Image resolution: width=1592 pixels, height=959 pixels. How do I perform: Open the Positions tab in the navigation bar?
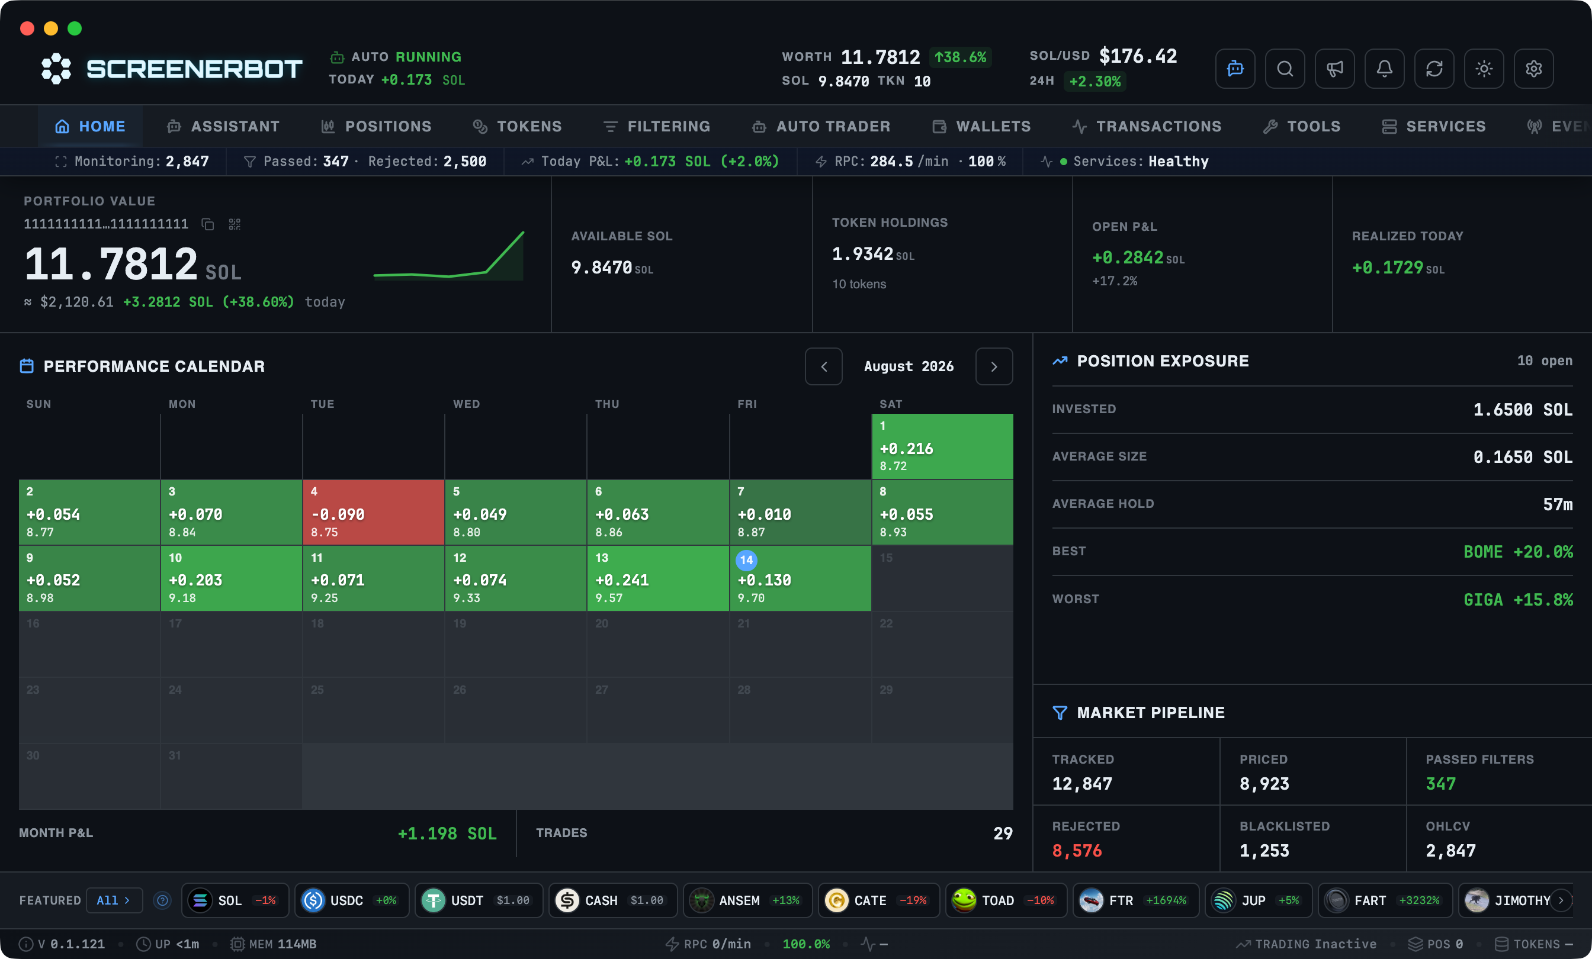[x=376, y=127]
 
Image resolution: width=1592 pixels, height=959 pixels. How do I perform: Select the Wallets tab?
[x=981, y=127]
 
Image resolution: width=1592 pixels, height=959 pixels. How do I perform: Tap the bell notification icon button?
[x=1384, y=69]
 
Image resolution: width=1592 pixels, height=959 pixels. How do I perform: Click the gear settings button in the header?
[x=1533, y=69]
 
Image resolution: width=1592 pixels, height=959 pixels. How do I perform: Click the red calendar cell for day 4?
[x=374, y=512]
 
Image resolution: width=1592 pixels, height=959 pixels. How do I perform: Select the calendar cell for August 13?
[x=658, y=578]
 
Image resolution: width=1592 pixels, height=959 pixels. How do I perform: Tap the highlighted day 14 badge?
[x=746, y=560]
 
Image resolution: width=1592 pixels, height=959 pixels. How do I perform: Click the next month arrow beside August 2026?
[x=994, y=367]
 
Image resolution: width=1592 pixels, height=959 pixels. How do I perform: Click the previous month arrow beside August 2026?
[x=824, y=367]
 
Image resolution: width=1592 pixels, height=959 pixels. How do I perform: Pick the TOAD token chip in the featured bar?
[x=1005, y=900]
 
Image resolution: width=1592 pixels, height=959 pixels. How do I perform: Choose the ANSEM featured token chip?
[x=747, y=900]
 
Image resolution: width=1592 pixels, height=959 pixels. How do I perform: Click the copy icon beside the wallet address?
[x=207, y=224]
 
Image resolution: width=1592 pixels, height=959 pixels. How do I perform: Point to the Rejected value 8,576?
[x=1077, y=851]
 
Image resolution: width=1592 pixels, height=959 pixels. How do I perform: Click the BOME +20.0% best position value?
[x=1518, y=552]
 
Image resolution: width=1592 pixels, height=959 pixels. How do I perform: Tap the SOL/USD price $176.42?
[x=1138, y=56]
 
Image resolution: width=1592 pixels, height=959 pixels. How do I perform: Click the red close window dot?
[x=27, y=28]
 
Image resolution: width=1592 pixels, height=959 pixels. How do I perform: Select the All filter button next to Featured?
[x=114, y=900]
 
